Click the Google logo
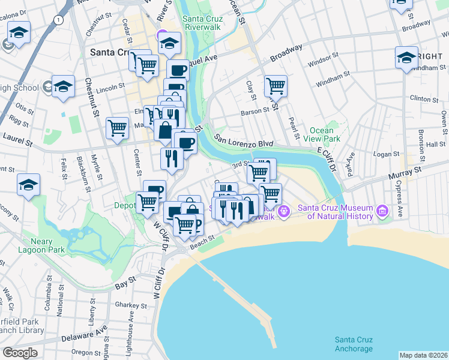[x=19, y=353]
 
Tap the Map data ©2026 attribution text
[x=423, y=355]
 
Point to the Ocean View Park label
[x=325, y=134]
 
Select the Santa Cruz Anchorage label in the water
[x=354, y=344]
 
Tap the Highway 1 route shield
[x=58, y=20]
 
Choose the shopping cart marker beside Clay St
[x=276, y=85]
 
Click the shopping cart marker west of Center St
[x=117, y=127]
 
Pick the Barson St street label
[x=255, y=111]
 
